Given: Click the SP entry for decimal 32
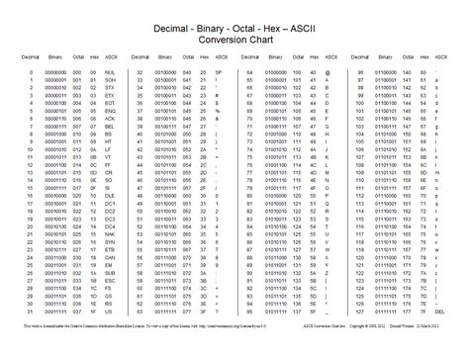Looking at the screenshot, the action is pos(217,73).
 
